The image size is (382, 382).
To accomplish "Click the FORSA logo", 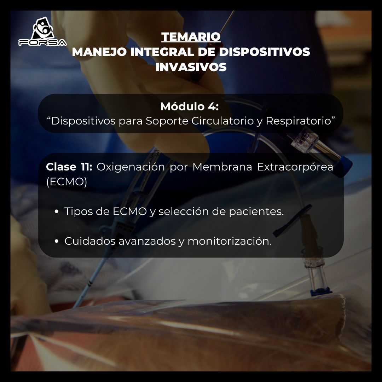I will click(42, 33).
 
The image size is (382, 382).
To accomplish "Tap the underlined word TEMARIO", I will click(191, 36).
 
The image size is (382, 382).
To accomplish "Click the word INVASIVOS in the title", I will click(191, 67).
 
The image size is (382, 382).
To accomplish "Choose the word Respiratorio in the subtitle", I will click(300, 121).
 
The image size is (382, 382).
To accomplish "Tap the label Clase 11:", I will click(69, 167).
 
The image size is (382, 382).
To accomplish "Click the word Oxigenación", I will click(131, 167).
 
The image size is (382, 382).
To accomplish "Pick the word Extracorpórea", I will click(295, 167).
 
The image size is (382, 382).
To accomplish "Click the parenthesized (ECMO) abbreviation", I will click(66, 182).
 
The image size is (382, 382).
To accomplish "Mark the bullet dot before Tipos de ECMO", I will click(57, 212).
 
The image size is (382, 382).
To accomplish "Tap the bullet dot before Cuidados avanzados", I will click(57, 242).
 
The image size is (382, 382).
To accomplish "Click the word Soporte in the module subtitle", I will click(167, 121).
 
